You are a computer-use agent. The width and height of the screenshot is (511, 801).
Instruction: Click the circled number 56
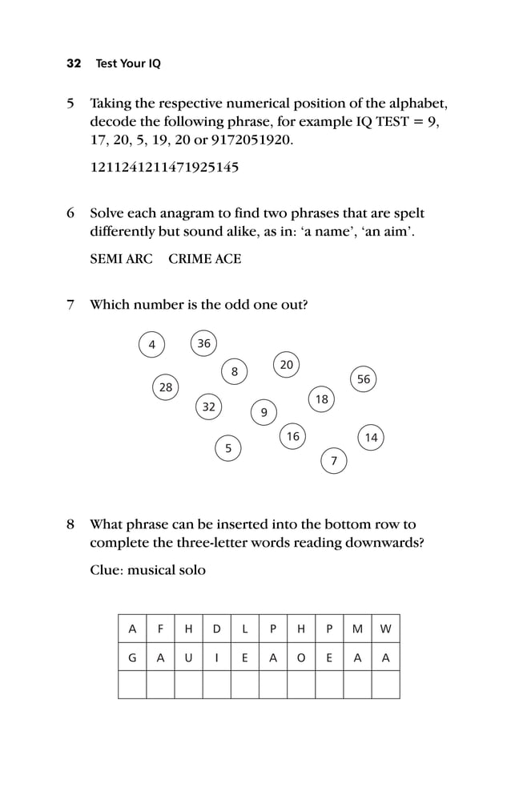click(364, 379)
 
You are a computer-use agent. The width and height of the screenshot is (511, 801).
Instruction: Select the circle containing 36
click(204, 343)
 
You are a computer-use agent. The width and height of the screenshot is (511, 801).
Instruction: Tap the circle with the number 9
click(264, 412)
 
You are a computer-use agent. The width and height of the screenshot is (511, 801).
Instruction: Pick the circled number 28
click(166, 387)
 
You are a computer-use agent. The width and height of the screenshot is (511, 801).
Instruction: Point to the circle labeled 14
click(371, 437)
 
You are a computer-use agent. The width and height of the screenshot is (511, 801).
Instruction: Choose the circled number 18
click(321, 399)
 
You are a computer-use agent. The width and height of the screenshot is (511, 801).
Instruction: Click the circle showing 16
click(292, 436)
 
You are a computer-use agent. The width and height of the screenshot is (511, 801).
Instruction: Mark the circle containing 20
click(287, 365)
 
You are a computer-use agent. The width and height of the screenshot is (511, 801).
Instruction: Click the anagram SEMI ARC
click(121, 259)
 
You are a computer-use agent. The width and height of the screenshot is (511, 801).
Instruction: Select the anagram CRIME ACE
click(204, 259)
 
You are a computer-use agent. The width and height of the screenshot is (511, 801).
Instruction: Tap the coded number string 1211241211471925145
click(164, 168)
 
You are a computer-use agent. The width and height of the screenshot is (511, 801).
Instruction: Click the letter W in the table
click(385, 629)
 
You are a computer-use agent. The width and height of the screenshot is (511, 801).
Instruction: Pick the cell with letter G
click(132, 657)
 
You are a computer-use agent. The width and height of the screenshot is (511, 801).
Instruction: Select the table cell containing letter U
click(188, 657)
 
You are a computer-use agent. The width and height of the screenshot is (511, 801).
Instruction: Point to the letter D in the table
click(216, 629)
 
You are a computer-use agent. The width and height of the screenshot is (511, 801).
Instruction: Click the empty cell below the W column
click(385, 685)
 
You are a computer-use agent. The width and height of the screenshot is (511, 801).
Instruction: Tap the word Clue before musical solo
click(107, 570)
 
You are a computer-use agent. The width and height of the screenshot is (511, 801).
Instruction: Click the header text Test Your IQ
click(128, 63)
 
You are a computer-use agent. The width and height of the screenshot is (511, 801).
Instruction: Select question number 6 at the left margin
click(70, 214)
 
